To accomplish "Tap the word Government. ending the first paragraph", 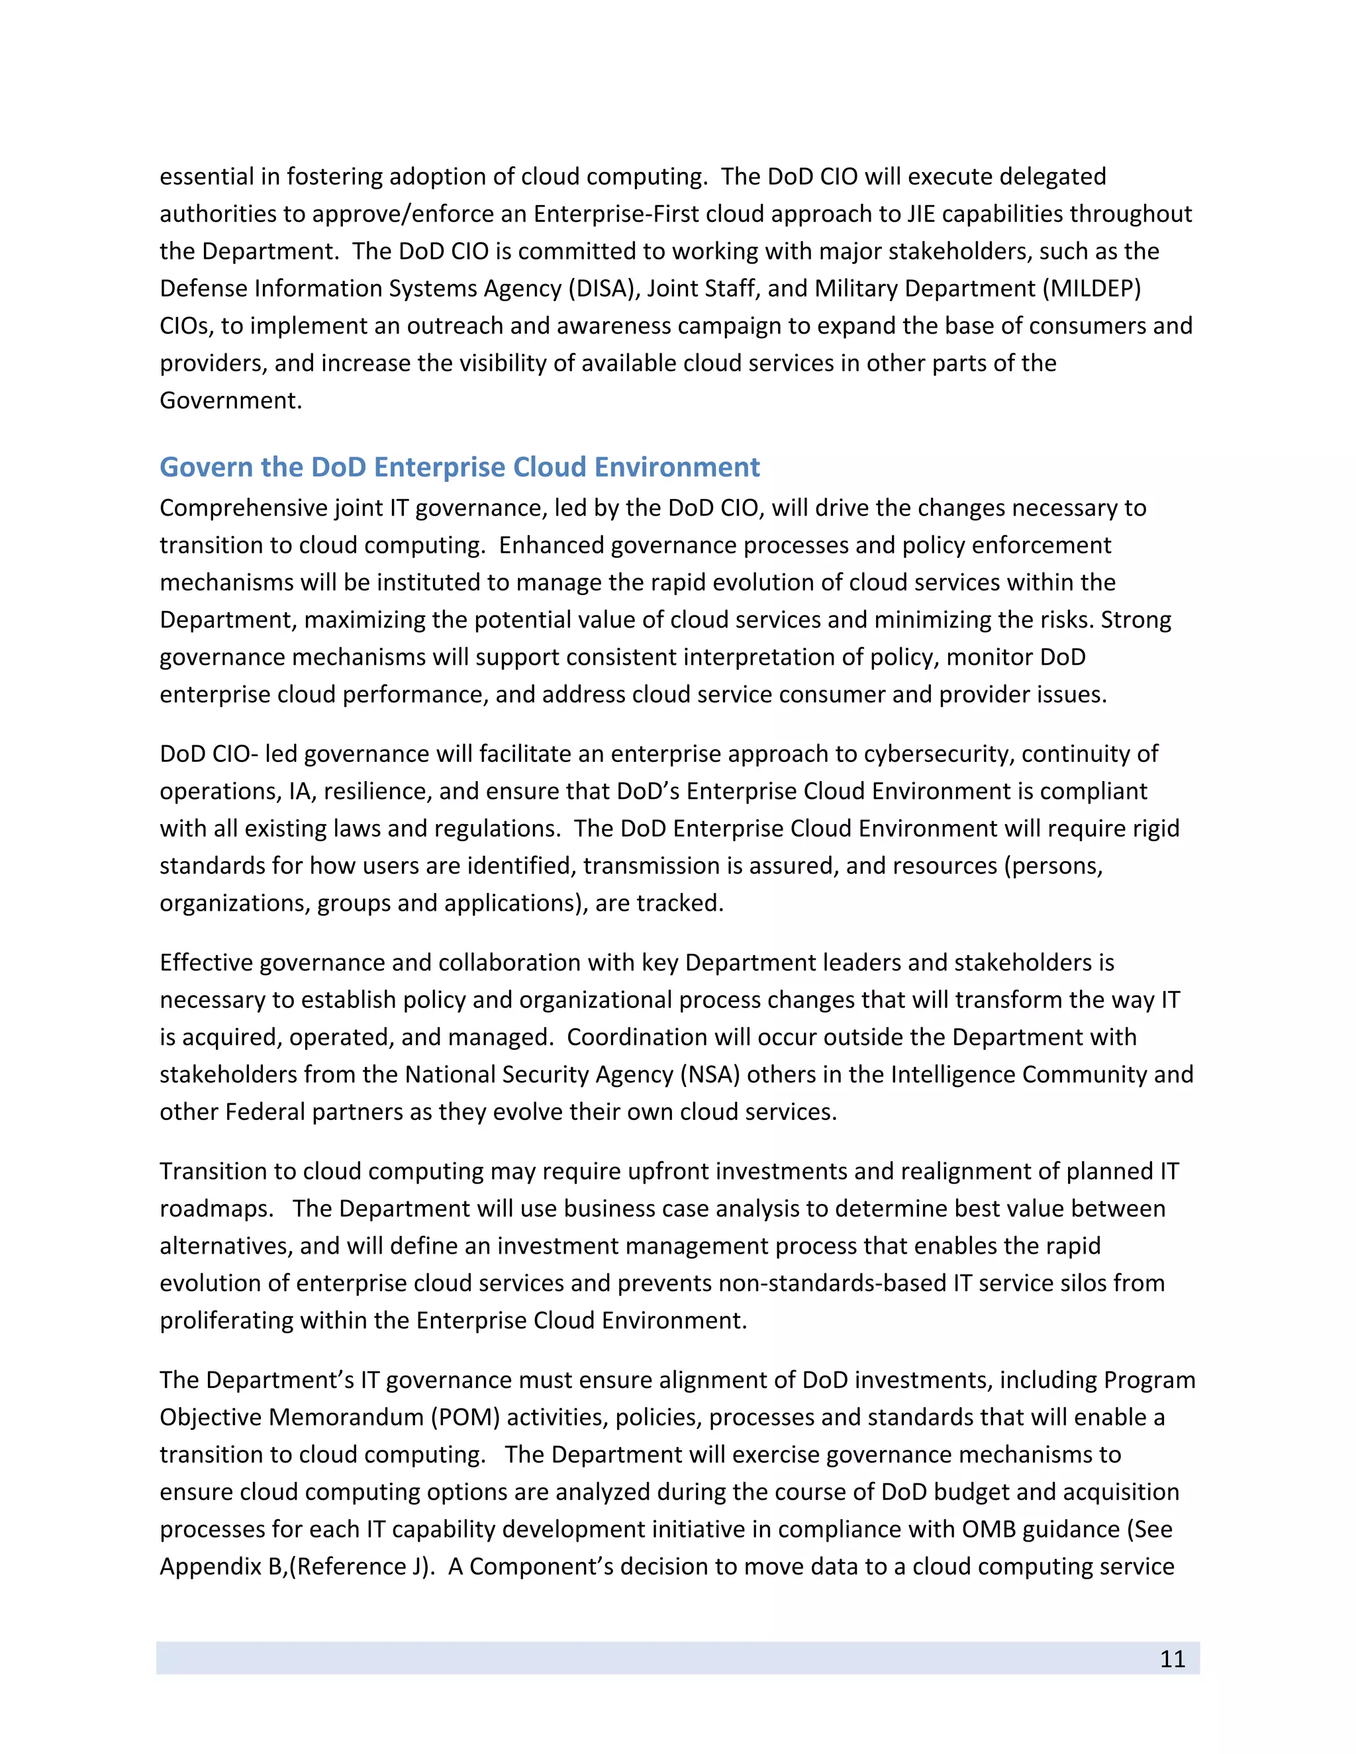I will (x=230, y=400).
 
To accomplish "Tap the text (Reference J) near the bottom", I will (x=361, y=1567).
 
